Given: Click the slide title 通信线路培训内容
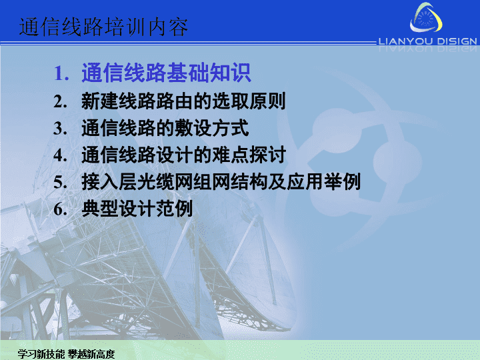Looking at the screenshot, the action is click(x=103, y=27).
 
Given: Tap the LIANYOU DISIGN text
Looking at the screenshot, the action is click(x=427, y=41).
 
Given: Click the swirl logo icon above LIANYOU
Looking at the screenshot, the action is click(x=426, y=17).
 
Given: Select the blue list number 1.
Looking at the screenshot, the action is click(x=61, y=73).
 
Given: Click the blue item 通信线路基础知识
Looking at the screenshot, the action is click(x=166, y=73).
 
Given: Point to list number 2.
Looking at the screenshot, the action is click(x=60, y=101).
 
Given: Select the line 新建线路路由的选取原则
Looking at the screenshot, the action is click(x=183, y=101).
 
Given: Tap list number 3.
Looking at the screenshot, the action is click(x=60, y=128).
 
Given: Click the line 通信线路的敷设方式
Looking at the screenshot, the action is click(x=165, y=127).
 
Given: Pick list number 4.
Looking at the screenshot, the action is click(x=60, y=155).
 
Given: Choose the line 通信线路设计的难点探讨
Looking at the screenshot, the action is click(x=184, y=155).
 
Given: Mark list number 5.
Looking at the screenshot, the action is click(x=60, y=182).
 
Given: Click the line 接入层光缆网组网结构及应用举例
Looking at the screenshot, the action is click(x=221, y=181).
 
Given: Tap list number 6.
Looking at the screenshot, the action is click(x=60, y=209).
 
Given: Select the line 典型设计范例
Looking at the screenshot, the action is click(x=137, y=209).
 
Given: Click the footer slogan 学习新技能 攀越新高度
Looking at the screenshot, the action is click(x=66, y=354).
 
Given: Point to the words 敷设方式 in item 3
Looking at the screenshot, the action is click(x=211, y=127).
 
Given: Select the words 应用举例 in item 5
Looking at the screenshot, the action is click(x=323, y=181).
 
